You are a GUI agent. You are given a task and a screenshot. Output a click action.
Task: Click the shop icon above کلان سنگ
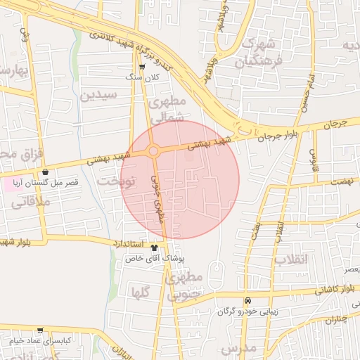(143, 67)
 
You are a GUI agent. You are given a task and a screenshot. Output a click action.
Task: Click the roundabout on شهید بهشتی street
(153, 150)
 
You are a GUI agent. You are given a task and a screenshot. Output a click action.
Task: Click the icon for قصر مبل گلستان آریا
(46, 172)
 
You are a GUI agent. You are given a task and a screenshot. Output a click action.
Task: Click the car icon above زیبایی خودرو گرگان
(247, 300)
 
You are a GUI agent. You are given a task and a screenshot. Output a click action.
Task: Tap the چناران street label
(337, 321)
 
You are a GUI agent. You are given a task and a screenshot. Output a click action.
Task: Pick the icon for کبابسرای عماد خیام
(40, 330)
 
